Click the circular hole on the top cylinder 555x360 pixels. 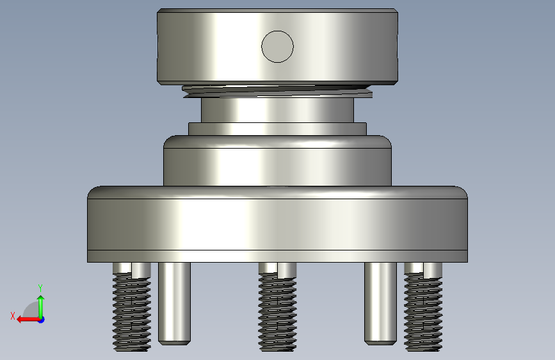[278, 47]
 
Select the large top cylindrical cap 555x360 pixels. [278, 47]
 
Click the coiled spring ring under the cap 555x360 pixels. [278, 92]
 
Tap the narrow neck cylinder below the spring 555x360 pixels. [278, 110]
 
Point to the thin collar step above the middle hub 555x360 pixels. [278, 129]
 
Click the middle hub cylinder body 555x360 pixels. [278, 161]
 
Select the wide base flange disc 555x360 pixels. [278, 224]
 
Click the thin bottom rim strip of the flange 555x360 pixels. [278, 256]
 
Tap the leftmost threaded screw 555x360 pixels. [132, 307]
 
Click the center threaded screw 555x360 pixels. [278, 307]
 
